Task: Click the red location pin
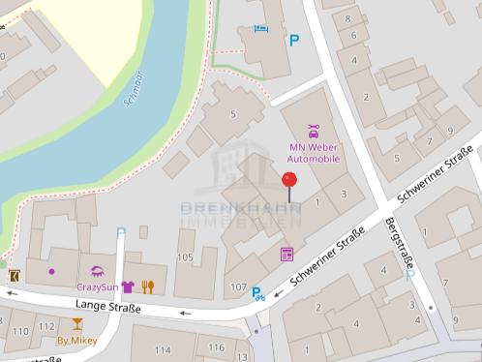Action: coord(288,180)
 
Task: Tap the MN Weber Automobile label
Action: coord(315,153)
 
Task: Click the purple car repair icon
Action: coord(314,131)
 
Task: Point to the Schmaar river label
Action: coord(134,87)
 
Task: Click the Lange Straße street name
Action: coord(107,308)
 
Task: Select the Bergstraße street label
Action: coord(399,243)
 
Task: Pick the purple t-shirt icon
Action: coord(128,287)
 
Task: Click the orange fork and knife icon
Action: coord(148,287)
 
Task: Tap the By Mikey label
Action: coord(76,341)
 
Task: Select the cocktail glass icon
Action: coord(76,324)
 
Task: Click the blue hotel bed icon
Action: coord(258,28)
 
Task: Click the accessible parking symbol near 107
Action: coord(258,294)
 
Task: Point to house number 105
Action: coord(185,257)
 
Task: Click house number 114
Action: coord(162,349)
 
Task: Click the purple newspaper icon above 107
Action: coord(286,255)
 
